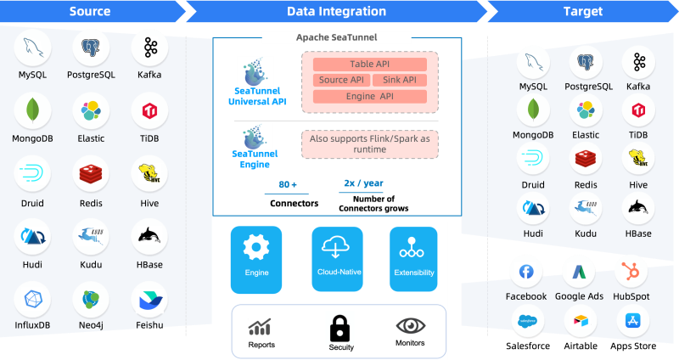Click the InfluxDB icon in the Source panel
(32, 300)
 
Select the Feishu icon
(149, 300)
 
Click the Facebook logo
(526, 273)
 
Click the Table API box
(369, 65)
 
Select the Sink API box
(399, 80)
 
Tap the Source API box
(341, 80)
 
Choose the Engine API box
(369, 96)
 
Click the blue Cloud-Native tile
(337, 259)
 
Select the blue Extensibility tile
(414, 259)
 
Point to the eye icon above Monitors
(411, 325)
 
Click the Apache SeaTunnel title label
(336, 37)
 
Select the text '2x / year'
(362, 183)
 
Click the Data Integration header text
(336, 12)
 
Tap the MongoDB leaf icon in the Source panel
(32, 110)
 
